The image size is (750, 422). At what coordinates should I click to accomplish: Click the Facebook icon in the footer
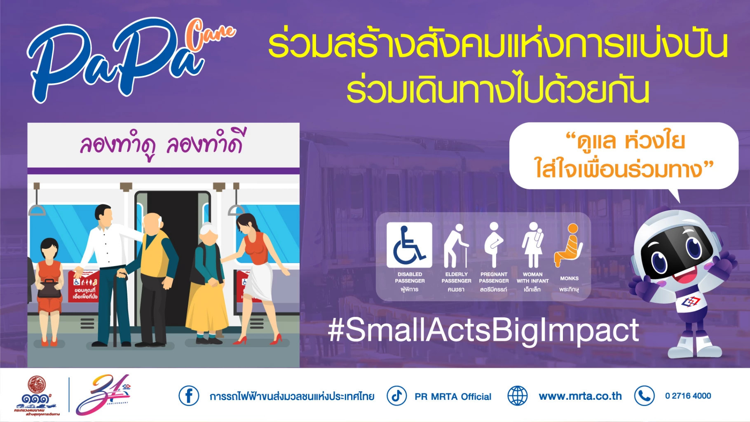189,396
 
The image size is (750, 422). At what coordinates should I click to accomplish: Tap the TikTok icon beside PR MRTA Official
396,396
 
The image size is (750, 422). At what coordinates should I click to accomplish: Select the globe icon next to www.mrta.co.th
517,396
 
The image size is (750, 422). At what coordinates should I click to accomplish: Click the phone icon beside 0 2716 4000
645,396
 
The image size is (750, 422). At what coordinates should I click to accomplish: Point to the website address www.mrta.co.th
580,396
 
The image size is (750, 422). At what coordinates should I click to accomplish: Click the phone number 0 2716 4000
688,396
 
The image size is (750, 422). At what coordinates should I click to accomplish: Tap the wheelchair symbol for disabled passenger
409,245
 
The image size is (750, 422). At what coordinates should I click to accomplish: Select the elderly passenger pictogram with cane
455,246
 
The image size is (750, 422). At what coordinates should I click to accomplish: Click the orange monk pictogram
570,246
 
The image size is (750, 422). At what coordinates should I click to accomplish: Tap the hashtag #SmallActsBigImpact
483,331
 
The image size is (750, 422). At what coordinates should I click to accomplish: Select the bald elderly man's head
154,224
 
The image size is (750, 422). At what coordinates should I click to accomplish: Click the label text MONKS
569,279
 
